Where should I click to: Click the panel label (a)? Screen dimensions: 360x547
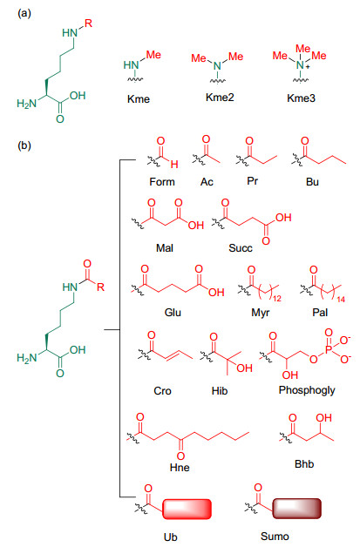pos(24,14)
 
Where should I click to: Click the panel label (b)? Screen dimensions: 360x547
pos(24,145)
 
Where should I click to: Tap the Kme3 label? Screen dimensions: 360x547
pos(301,98)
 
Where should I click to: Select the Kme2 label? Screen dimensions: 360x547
pos(220,98)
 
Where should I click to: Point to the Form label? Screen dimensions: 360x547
pos(162,182)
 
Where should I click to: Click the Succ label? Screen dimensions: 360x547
pos(241,248)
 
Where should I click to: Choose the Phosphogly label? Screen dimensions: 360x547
pos(307,390)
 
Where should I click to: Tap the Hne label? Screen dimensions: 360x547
pos(180,468)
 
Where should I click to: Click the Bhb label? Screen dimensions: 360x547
pos(304,464)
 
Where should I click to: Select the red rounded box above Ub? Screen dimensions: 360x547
pos(187,509)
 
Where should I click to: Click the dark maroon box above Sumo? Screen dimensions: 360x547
pos(296,508)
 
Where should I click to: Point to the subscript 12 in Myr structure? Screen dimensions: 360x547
pos(277,299)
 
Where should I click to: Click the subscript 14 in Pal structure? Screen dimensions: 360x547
pos(341,299)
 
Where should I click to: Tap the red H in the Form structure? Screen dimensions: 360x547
pos(174,164)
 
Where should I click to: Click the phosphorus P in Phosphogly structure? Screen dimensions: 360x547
pos(329,349)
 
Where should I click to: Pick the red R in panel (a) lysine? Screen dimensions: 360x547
pos(89,24)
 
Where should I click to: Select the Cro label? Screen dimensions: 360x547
pos(162,391)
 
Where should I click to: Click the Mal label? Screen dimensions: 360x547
pos(165,248)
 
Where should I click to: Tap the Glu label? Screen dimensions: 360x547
pos(173,312)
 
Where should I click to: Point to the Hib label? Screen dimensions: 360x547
pos(220,391)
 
